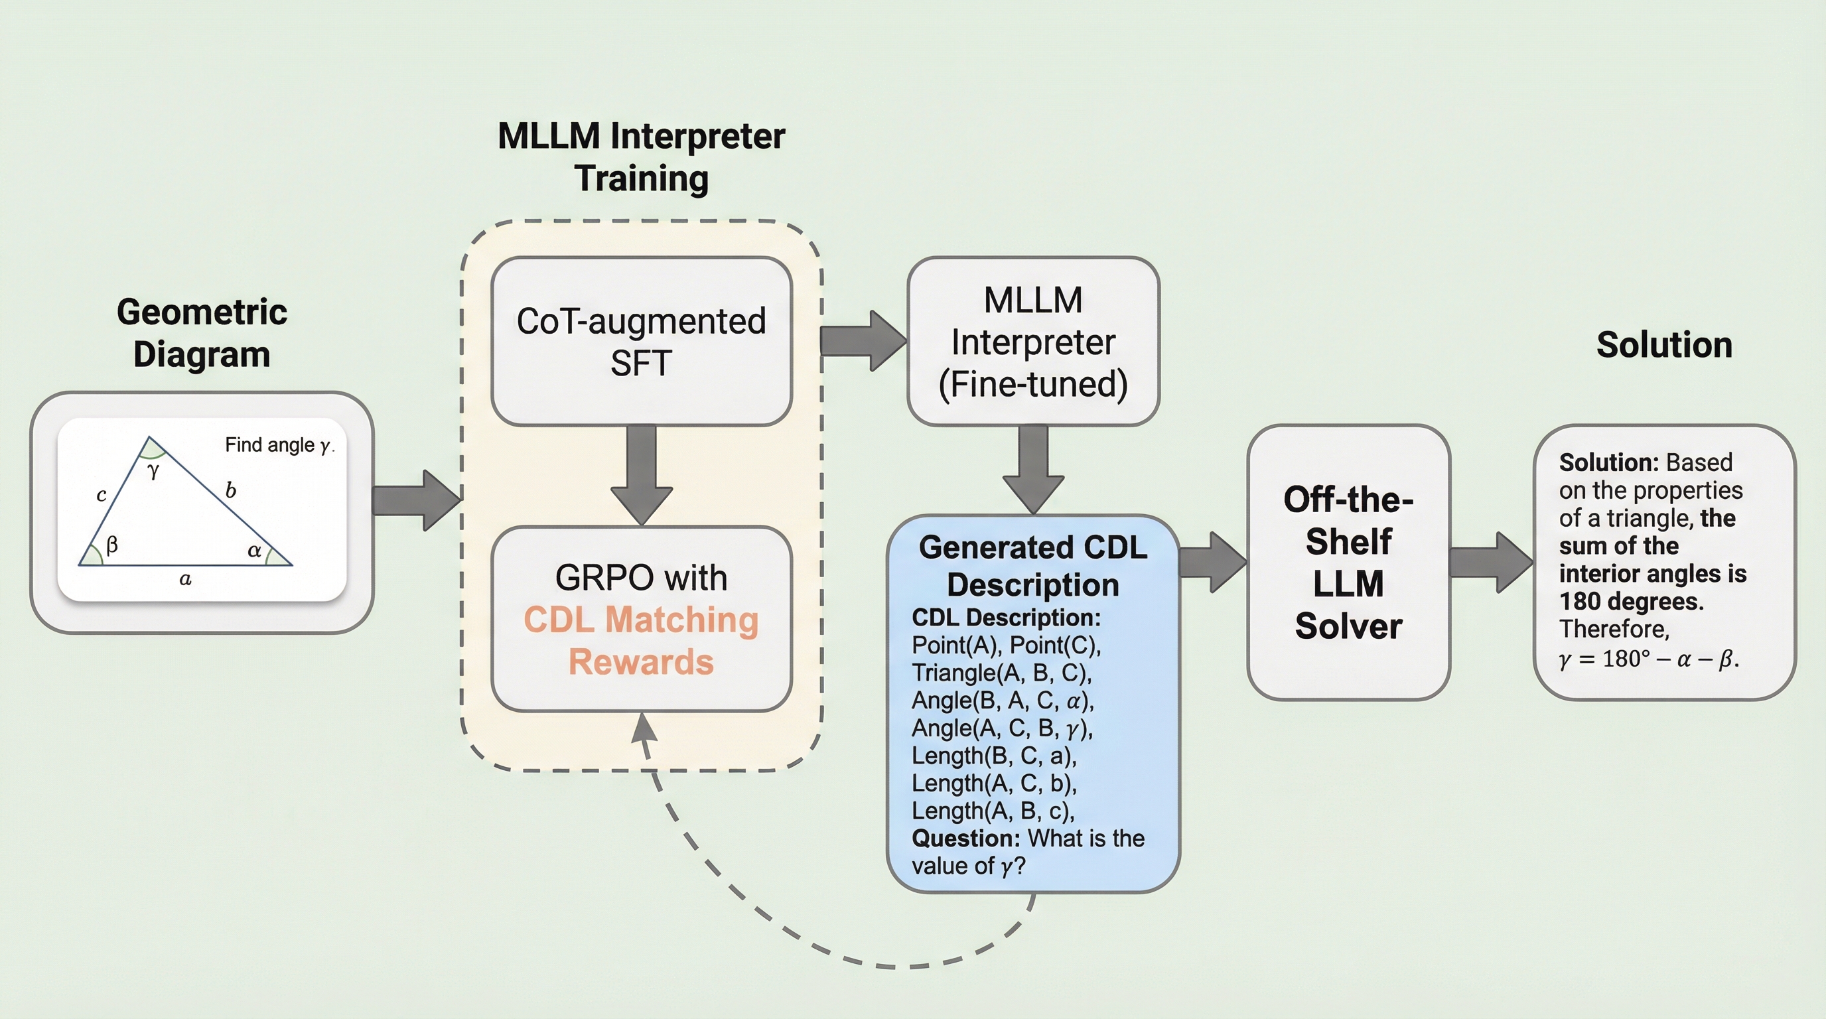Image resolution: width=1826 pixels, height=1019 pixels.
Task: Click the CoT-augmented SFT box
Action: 641,341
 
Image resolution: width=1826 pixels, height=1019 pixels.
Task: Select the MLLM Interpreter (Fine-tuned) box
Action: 1033,341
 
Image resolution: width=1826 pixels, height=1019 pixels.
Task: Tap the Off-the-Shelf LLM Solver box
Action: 1348,562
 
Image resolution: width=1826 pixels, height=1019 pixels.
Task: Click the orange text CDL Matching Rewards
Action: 641,641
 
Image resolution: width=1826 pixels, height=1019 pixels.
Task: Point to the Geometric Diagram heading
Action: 201,333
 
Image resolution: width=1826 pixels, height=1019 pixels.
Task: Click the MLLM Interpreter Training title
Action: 641,157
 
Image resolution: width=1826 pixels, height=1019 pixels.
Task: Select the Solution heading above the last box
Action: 1663,345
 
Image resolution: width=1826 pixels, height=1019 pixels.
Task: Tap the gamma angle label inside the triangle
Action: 153,470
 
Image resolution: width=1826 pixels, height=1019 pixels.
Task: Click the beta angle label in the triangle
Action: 111,545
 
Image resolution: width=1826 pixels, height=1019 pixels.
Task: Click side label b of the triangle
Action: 230,490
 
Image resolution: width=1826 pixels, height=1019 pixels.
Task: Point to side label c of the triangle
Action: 102,495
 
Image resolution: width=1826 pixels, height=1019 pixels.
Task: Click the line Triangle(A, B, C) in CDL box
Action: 1001,673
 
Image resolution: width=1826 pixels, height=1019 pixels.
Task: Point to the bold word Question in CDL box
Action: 965,839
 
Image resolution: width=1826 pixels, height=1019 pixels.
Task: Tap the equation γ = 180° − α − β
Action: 1648,659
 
